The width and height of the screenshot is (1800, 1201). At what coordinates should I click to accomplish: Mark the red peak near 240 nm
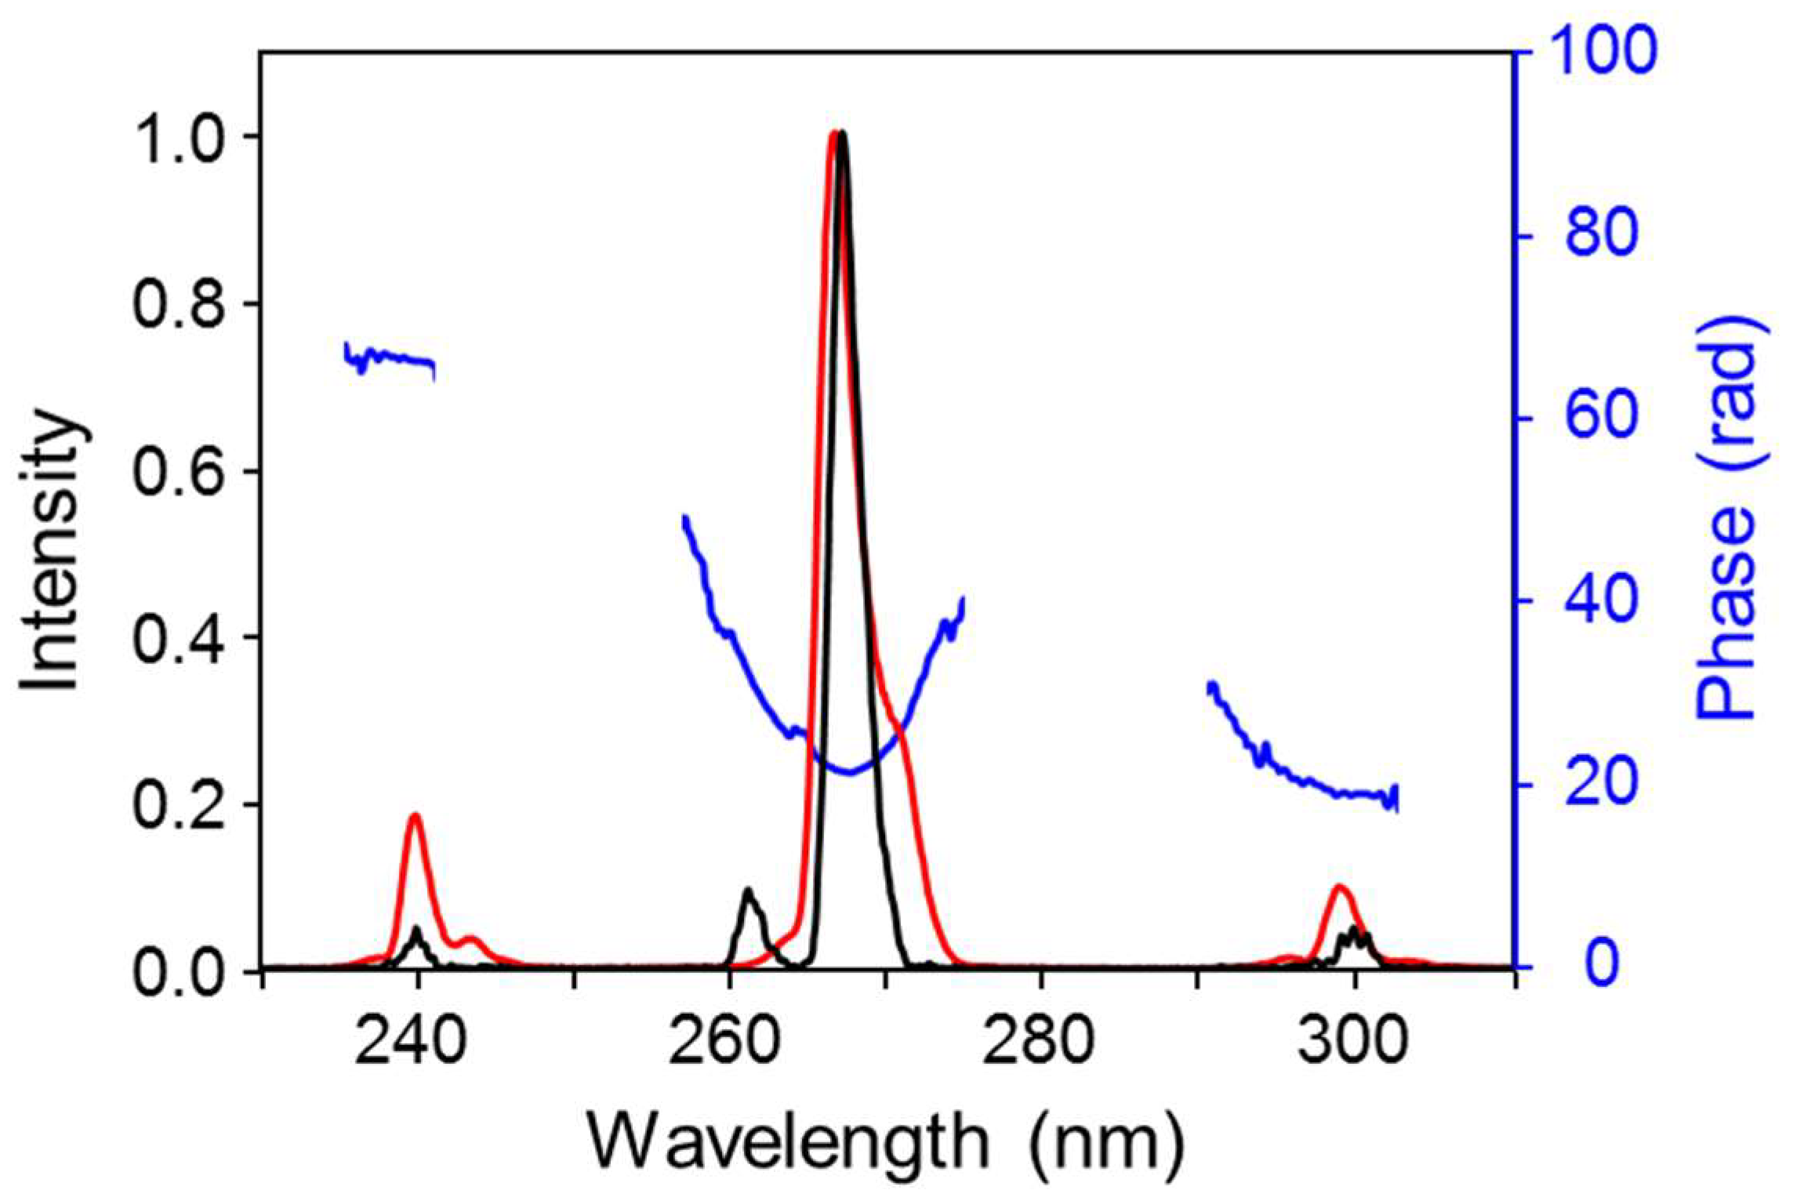(x=415, y=817)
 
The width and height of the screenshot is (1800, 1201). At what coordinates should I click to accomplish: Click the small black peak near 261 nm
(x=747, y=891)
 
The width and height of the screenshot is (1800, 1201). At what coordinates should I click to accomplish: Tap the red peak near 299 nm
(x=1339, y=887)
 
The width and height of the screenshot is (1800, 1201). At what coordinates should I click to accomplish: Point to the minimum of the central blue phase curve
(x=849, y=773)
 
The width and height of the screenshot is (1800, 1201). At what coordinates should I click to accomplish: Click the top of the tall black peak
(x=841, y=135)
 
